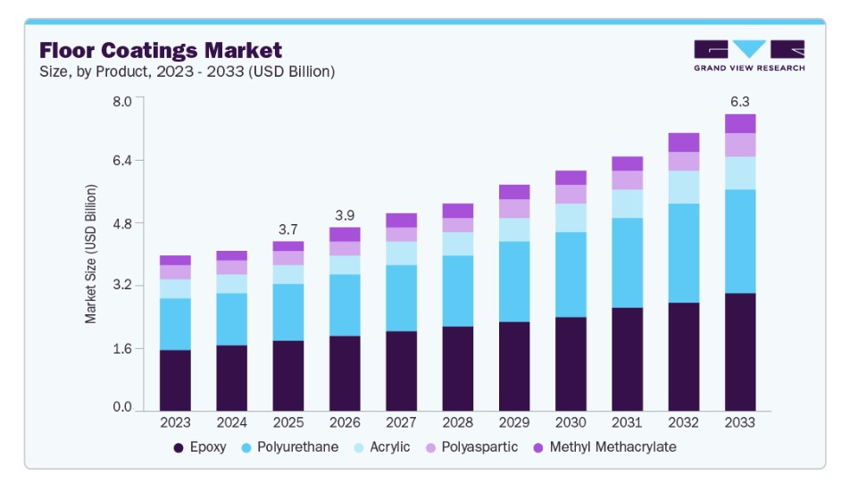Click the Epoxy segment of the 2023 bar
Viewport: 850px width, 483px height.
175,380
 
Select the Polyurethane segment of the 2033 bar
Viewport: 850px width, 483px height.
740,242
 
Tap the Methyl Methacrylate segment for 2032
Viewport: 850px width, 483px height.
684,143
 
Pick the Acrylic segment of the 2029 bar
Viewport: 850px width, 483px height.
514,229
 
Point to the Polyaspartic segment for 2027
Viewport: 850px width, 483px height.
402,234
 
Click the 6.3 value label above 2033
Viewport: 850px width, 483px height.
740,102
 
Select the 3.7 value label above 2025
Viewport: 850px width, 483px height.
288,229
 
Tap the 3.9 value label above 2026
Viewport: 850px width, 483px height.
345,215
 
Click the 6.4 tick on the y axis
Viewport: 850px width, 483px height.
122,161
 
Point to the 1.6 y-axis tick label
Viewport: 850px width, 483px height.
122,348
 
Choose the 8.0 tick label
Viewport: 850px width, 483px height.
122,102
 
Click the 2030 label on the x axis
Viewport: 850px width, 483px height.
571,422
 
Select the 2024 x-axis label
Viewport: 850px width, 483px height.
231,422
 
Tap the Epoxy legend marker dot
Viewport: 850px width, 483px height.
179,448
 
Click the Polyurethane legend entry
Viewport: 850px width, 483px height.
290,447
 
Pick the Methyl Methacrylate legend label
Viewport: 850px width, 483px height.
613,447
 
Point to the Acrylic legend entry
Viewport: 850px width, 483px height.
382,447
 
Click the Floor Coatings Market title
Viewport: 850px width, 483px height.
161,50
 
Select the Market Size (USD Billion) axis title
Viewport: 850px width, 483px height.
90,254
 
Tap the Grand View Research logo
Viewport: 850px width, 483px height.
749,55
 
